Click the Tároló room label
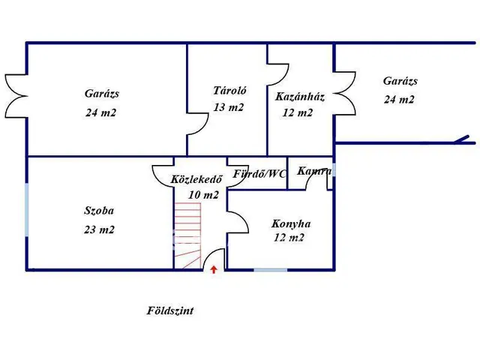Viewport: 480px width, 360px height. [x=229, y=90]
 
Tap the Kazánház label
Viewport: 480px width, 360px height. [x=299, y=97]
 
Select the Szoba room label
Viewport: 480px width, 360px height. [x=99, y=211]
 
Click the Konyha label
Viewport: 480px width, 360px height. [x=291, y=223]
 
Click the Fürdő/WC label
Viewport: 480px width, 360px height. [x=259, y=174]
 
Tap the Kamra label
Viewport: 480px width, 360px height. [x=313, y=172]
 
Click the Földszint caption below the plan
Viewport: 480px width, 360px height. [x=170, y=310]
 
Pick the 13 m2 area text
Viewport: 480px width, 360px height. [x=229, y=107]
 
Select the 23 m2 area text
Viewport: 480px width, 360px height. [x=99, y=230]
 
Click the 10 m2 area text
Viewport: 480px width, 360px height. [x=203, y=195]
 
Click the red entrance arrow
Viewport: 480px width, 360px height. [x=214, y=268]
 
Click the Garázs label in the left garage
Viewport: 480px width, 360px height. [x=102, y=94]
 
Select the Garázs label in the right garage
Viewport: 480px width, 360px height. [x=400, y=81]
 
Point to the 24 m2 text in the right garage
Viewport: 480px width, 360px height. [x=400, y=99]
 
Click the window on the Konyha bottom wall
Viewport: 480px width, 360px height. [x=270, y=269]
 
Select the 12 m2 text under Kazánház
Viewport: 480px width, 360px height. [x=297, y=113]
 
